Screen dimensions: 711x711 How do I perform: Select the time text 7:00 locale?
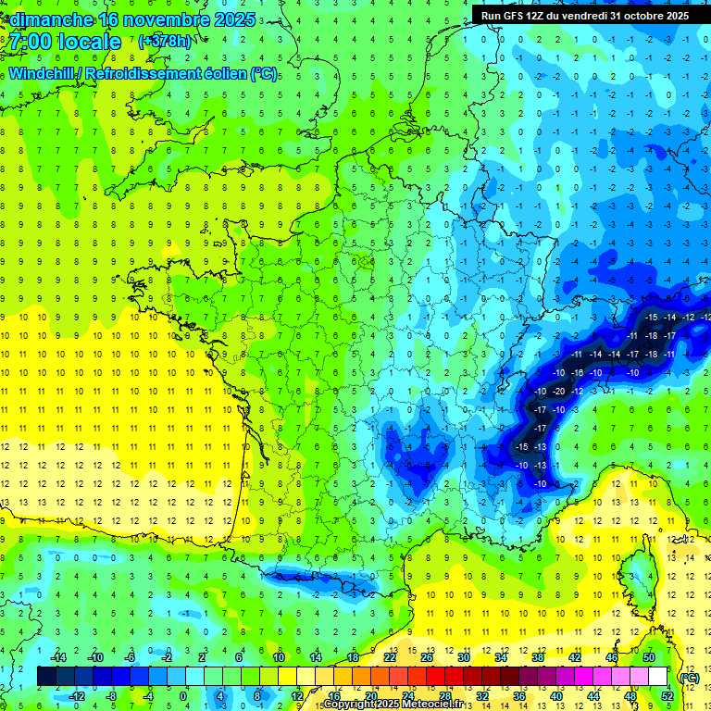pyautogui.click(x=66, y=42)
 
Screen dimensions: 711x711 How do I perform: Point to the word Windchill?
pyautogui.click(x=40, y=73)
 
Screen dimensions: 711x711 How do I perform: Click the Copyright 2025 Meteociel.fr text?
pyautogui.click(x=393, y=705)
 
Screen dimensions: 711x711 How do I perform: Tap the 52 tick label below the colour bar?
pyautogui.click(x=667, y=696)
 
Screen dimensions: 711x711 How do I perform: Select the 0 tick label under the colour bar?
pyautogui.click(x=183, y=696)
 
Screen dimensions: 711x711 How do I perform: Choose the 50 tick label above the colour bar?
pyautogui.click(x=649, y=657)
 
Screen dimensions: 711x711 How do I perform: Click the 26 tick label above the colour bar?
pyautogui.click(x=427, y=657)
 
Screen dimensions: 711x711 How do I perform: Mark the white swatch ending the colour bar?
pyautogui.click(x=658, y=677)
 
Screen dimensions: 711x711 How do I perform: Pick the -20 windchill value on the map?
pyautogui.click(x=558, y=391)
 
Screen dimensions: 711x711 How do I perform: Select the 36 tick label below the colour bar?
pyautogui.click(x=519, y=696)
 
